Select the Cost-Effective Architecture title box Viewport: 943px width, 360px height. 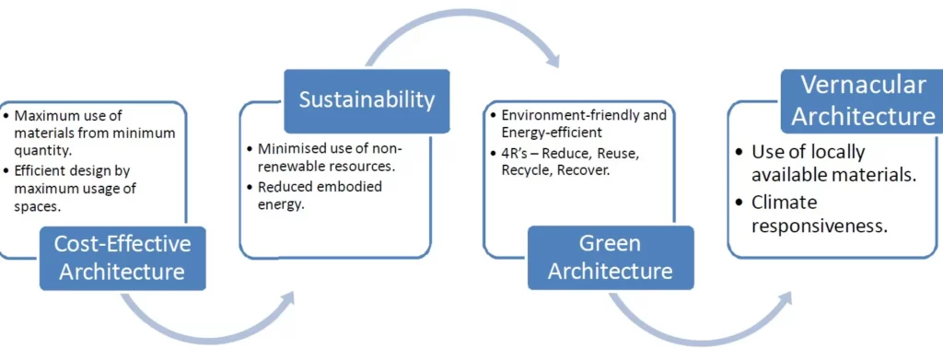(122, 258)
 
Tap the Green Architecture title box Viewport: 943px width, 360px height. (610, 258)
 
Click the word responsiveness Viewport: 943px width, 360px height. (820, 225)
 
